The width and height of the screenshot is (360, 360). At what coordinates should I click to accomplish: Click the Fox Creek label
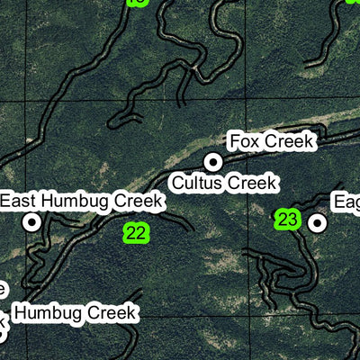pyautogui.click(x=271, y=141)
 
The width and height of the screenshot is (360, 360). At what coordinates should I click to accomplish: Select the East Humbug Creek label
pyautogui.click(x=82, y=201)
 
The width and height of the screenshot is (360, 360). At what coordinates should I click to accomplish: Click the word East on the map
pyautogui.click(x=20, y=201)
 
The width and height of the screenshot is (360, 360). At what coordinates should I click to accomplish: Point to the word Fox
pyautogui.click(x=244, y=141)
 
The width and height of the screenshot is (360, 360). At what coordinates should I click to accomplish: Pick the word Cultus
pyautogui.click(x=193, y=183)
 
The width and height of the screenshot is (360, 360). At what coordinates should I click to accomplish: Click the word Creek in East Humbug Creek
pyautogui.click(x=140, y=201)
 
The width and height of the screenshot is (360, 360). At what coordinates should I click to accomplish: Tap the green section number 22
pyautogui.click(x=135, y=233)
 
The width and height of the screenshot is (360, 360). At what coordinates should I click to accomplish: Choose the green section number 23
pyautogui.click(x=287, y=219)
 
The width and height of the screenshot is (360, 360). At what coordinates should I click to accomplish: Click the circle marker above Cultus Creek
pyautogui.click(x=213, y=162)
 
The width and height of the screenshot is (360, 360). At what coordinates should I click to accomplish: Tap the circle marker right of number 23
pyautogui.click(x=317, y=221)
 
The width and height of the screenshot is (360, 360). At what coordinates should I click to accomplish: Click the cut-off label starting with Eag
pyautogui.click(x=346, y=201)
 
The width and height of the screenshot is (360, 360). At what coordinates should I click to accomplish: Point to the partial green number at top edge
pyautogui.click(x=137, y=3)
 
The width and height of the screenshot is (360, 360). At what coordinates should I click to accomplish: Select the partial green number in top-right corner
pyautogui.click(x=354, y=2)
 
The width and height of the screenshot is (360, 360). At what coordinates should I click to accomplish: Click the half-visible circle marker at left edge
pyautogui.click(x=2, y=333)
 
